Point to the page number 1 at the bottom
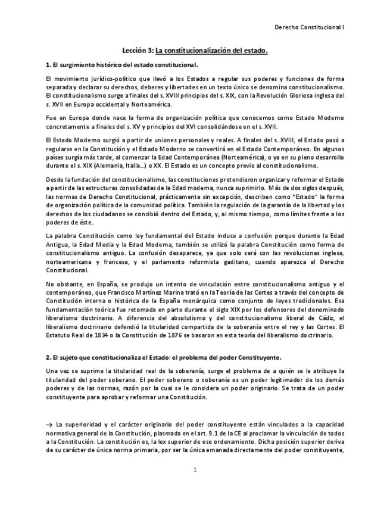194,470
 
